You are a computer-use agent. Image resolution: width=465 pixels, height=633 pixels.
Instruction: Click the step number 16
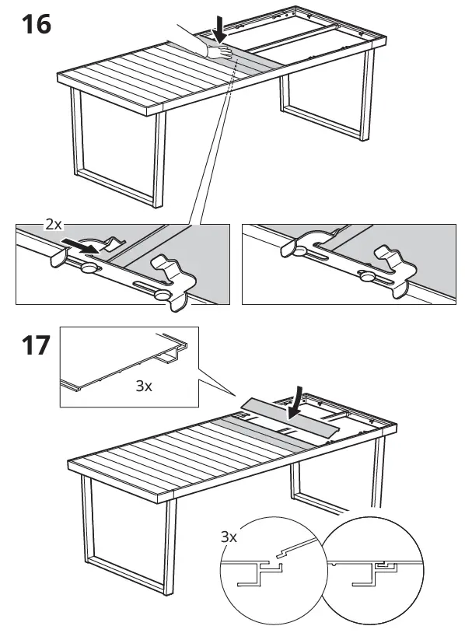(37, 24)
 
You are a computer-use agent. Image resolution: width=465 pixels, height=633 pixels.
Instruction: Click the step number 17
(37, 345)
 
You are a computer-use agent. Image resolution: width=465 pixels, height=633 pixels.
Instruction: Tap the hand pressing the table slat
(219, 51)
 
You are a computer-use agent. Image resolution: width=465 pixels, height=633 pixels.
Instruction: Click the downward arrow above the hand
(219, 29)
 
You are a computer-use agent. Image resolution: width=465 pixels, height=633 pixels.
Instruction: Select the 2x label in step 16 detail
(54, 224)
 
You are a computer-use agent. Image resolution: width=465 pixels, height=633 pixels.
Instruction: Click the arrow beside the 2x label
(80, 246)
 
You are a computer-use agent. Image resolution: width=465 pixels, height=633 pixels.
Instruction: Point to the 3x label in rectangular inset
(144, 386)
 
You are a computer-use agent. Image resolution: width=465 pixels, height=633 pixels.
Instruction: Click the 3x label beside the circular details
(229, 537)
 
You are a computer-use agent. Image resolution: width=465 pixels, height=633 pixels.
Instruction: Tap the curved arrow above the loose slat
(295, 404)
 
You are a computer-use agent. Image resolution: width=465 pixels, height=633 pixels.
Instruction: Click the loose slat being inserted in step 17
(290, 421)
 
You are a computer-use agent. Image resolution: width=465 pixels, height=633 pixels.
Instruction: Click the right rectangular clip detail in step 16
(348, 264)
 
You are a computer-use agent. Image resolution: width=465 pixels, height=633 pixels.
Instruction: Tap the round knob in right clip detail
(367, 277)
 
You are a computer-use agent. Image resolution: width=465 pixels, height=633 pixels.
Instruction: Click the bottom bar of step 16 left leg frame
(116, 187)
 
